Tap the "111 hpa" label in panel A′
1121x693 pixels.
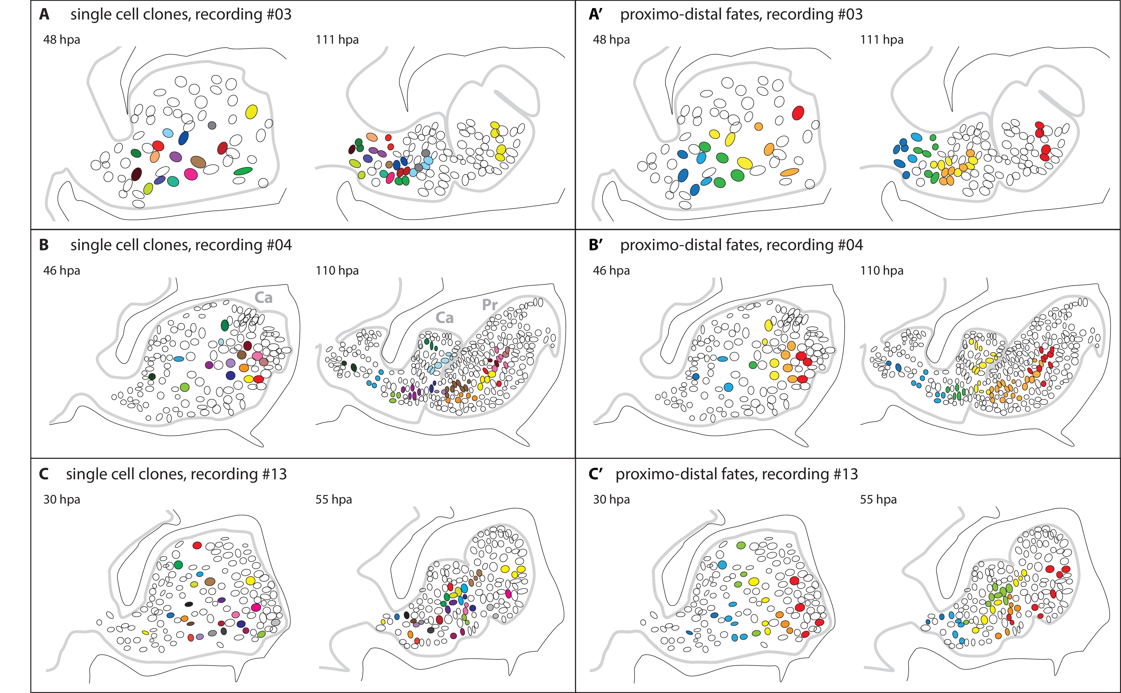point(882,40)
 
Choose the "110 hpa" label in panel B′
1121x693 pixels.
point(882,271)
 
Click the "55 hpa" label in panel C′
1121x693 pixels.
point(878,499)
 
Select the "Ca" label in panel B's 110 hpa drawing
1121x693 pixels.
point(444,318)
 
